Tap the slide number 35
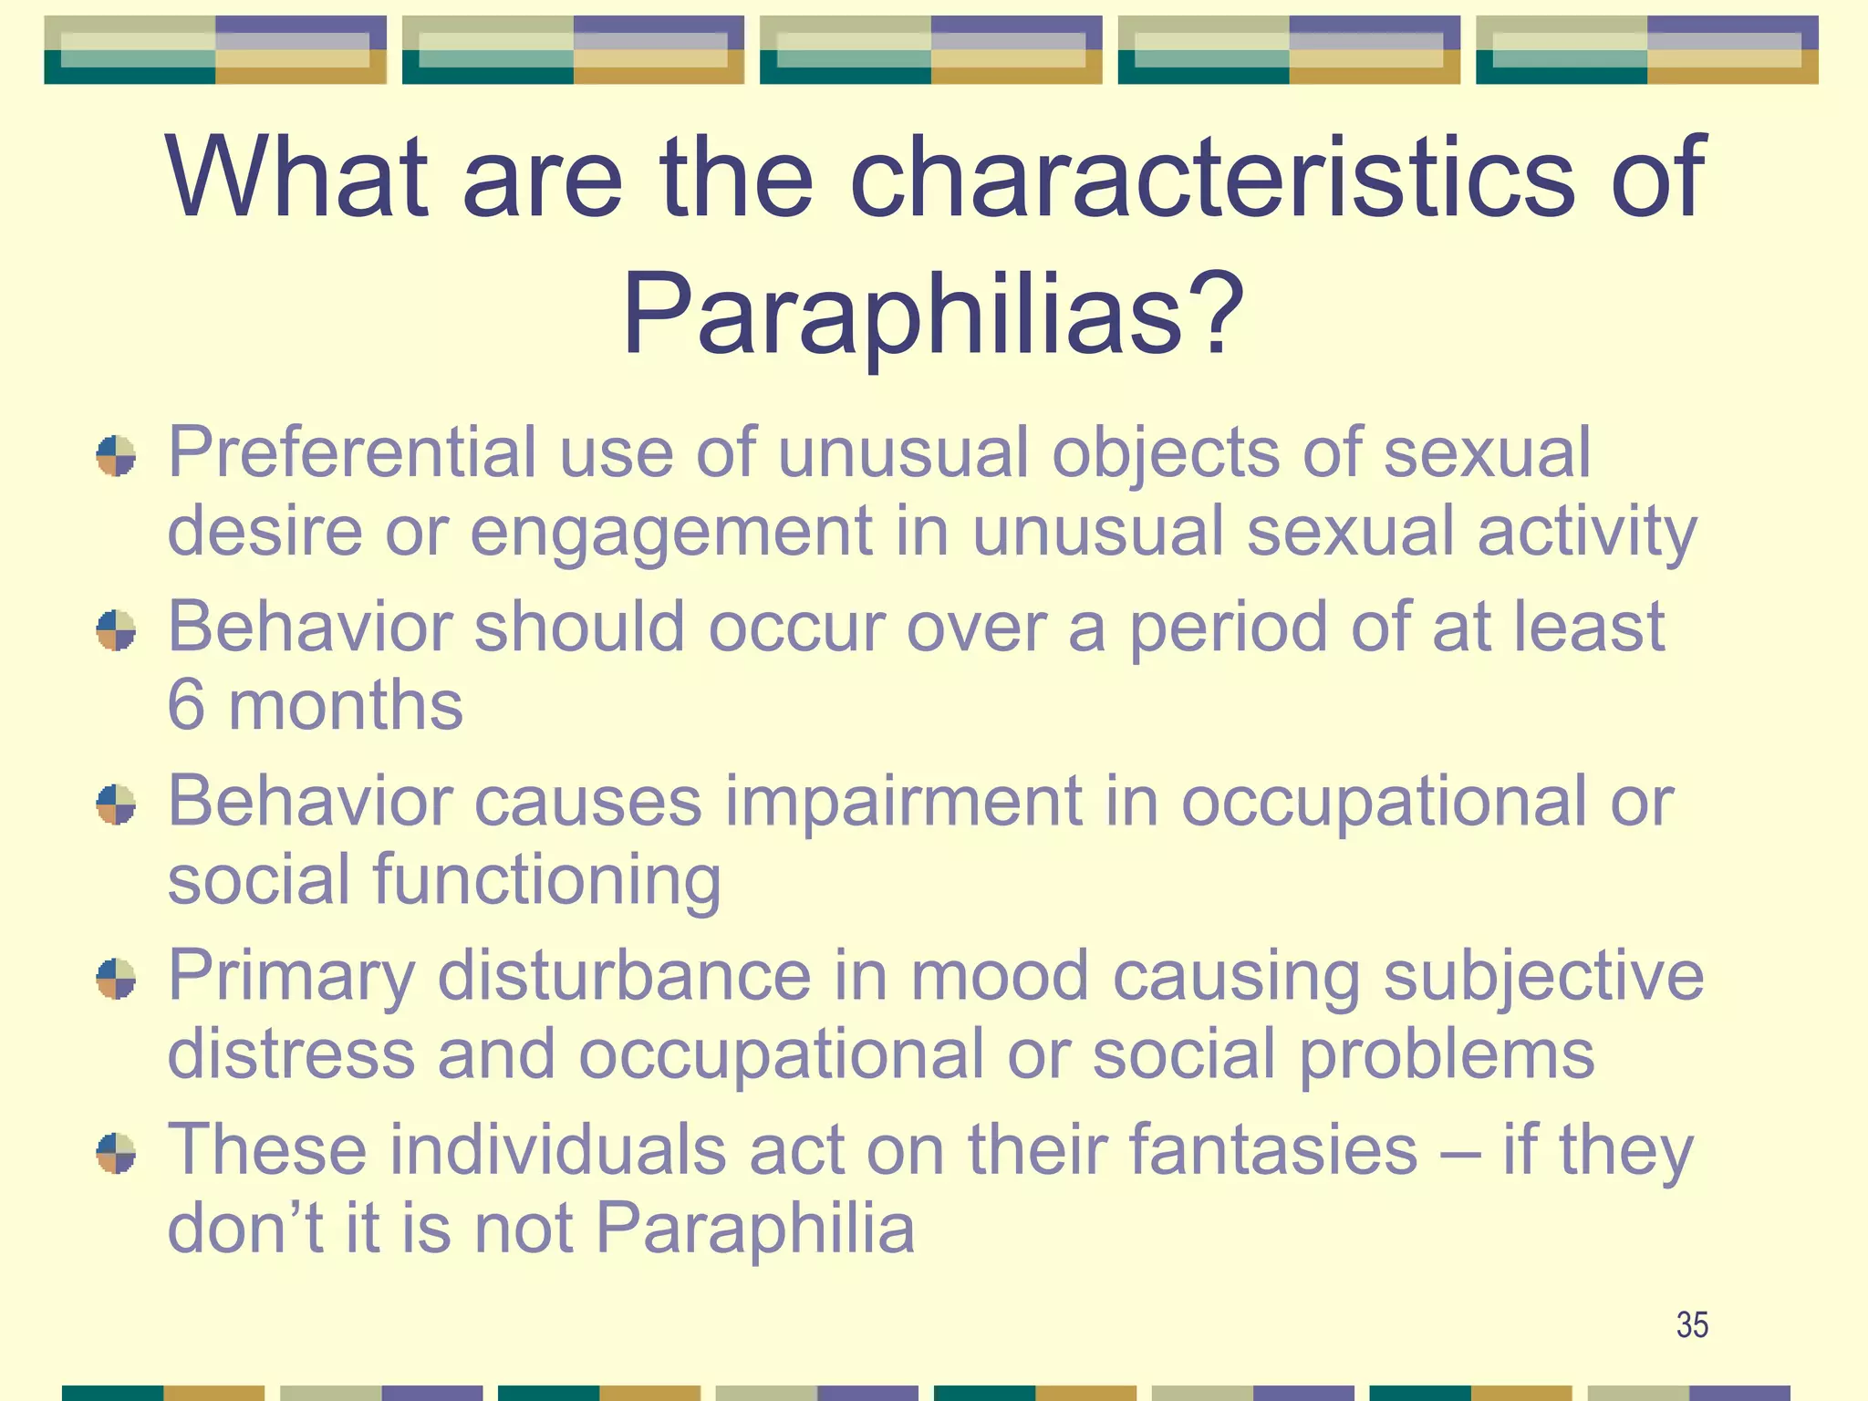coord(1692,1324)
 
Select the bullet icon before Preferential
coord(116,455)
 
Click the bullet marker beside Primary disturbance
coord(116,979)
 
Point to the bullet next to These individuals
coord(116,1153)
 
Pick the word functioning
coord(546,880)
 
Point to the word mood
coord(1000,976)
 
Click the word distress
coord(291,1054)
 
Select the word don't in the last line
coord(244,1229)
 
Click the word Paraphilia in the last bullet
coord(754,1229)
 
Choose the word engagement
coord(670,532)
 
